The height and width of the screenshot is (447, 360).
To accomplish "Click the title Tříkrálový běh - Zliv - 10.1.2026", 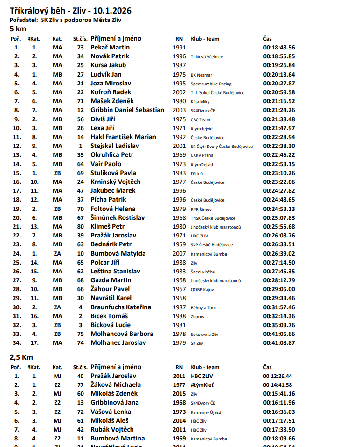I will tap(70, 10).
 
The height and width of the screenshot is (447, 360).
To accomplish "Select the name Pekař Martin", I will tap(110, 48).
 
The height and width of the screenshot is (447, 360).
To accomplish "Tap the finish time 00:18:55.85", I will tap(279, 56).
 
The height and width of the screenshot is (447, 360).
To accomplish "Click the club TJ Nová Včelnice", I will tap(207, 57).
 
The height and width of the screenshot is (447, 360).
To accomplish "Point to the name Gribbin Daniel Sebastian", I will tap(127, 110).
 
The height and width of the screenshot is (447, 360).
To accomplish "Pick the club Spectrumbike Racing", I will tap(211, 84).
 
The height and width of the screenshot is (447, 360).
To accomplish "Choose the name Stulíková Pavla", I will tap(113, 173).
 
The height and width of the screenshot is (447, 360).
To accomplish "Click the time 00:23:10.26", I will tap(279, 173).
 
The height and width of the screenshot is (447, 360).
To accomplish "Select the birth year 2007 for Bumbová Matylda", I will tap(179, 254).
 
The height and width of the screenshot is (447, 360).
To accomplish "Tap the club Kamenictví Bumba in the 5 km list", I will tap(209, 254).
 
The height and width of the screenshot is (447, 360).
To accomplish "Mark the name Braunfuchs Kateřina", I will tap(121, 307).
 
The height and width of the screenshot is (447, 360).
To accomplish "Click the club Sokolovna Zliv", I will tap(204, 335).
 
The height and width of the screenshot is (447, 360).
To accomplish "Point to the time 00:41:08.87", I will tap(279, 343).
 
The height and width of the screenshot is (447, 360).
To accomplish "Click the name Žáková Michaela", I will tap(116, 385).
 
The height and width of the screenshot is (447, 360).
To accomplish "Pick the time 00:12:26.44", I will tap(277, 376).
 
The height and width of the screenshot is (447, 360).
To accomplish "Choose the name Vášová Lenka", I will tap(111, 412).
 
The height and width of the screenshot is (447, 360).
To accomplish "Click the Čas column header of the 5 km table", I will tap(267, 39).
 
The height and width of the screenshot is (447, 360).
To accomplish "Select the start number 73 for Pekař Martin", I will tap(81, 48).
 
